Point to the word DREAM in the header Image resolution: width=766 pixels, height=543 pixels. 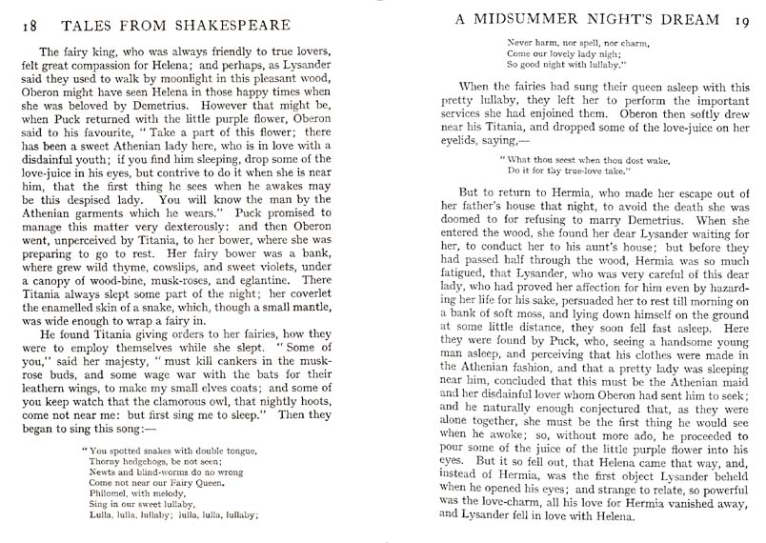(x=696, y=19)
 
